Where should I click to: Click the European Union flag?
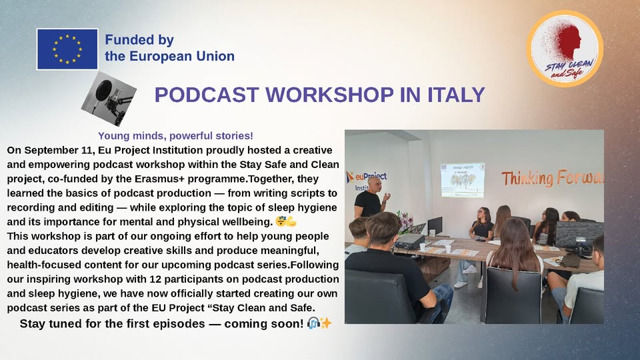pyautogui.click(x=67, y=49)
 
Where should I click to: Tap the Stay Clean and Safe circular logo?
pyautogui.click(x=565, y=49)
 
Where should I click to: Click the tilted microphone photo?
pyautogui.click(x=109, y=99)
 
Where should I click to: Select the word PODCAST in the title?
pyautogui.click(x=207, y=95)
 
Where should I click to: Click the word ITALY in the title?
pyautogui.click(x=456, y=95)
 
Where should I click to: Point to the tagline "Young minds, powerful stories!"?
pyautogui.click(x=175, y=135)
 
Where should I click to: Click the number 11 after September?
pyautogui.click(x=87, y=150)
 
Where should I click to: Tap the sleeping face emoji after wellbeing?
pyautogui.click(x=281, y=221)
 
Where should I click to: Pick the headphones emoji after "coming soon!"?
pyautogui.click(x=313, y=323)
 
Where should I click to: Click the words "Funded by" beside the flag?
pyautogui.click(x=139, y=40)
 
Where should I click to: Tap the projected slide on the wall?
pyautogui.click(x=463, y=180)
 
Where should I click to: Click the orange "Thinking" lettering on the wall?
pyautogui.click(x=527, y=179)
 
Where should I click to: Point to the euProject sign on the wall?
pyautogui.click(x=366, y=181)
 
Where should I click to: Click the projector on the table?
pyautogui.click(x=410, y=241)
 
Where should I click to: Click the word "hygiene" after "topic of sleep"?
pyautogui.click(x=317, y=207)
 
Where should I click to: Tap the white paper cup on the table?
pyautogui.click(x=448, y=249)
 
